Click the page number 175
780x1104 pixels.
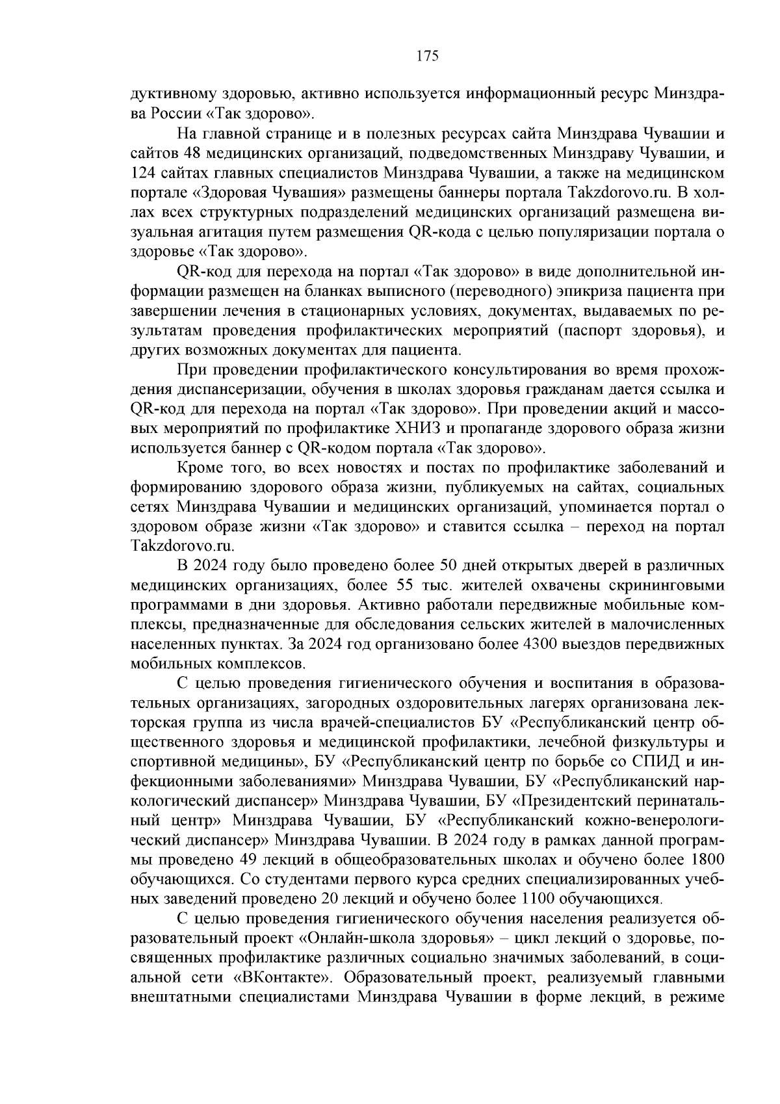[x=428, y=56]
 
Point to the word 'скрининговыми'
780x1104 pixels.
[x=670, y=585]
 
